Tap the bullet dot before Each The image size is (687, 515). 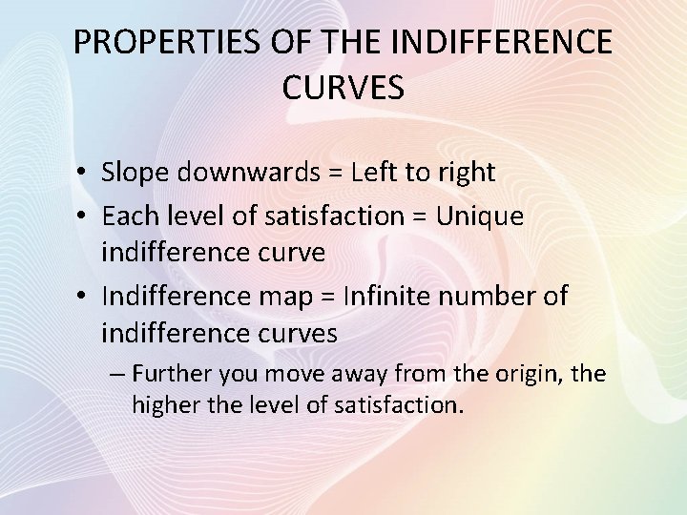coord(85,217)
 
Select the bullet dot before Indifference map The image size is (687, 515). coord(85,298)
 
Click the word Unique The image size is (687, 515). coord(480,216)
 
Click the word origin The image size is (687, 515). coord(529,374)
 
